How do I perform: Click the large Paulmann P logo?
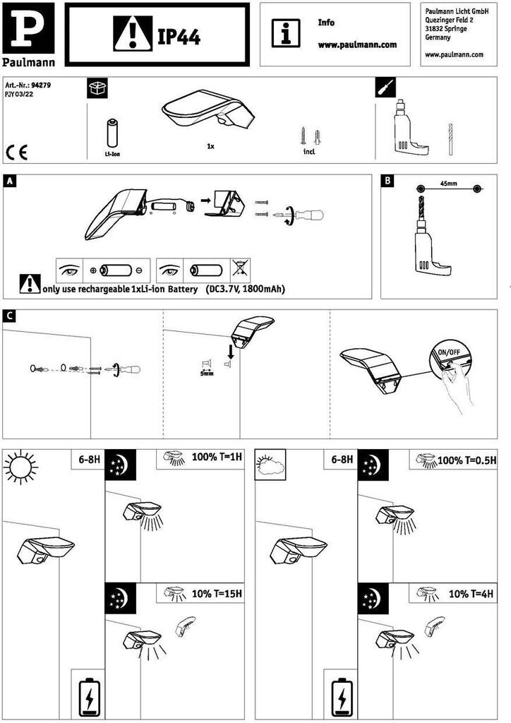pos(28,28)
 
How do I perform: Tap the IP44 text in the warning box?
pos(179,35)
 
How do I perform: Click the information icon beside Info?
pos(286,33)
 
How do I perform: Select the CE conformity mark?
pos(17,153)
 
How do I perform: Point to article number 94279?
pos(41,85)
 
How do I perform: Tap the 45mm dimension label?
pos(448,184)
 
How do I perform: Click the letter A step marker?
pos(9,181)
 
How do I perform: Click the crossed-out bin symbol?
pos(240,270)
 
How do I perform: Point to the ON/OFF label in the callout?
pos(449,352)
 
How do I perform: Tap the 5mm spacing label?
pos(206,373)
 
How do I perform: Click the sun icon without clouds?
pos(20,467)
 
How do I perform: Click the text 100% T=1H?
pos(217,458)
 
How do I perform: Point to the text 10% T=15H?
pos(217,593)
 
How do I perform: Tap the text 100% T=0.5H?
pos(467,460)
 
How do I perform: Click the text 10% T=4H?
pos(471,594)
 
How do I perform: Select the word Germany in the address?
pos(438,37)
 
